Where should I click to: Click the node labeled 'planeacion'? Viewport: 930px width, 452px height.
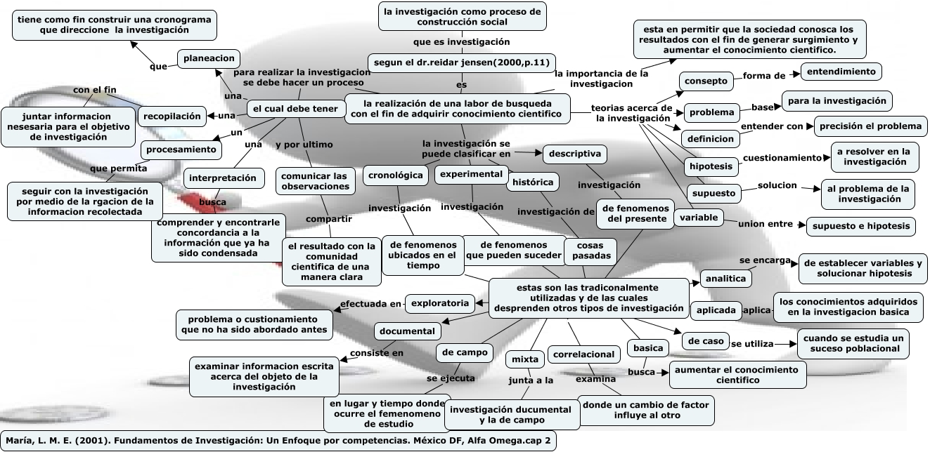208,59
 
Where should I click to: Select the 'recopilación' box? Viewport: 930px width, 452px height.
172,116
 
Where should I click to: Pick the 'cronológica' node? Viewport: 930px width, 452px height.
396,175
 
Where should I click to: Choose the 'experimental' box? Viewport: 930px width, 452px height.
471,173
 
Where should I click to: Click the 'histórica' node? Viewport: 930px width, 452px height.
533,182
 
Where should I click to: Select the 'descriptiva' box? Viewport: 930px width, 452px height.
574,153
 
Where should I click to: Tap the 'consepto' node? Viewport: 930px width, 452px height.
705,81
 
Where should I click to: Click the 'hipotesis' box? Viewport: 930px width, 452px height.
711,166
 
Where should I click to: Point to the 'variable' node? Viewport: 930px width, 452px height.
699,218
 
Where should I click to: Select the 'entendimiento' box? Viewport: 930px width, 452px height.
841,72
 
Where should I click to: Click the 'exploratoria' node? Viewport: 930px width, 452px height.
439,303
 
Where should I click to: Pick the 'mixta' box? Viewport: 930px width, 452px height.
525,359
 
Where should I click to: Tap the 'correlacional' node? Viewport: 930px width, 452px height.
583,354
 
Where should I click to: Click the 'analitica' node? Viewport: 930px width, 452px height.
725,279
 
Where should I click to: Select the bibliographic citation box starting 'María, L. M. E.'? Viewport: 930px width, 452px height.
277,441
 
